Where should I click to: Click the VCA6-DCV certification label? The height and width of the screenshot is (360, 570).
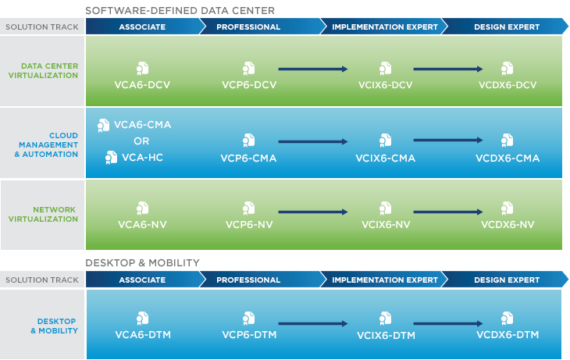142,84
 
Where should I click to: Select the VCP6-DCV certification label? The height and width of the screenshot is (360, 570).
249,84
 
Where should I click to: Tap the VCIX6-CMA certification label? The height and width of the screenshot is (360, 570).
385,159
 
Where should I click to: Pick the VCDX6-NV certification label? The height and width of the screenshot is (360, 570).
508,224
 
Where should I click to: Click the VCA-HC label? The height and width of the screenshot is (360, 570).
142,158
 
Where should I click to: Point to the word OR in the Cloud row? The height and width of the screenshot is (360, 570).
141,141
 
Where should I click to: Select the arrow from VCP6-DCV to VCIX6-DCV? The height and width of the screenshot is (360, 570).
313,69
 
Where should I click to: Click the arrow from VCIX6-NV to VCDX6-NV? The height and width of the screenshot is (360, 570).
448,212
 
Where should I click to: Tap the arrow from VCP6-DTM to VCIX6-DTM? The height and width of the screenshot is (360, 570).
313,323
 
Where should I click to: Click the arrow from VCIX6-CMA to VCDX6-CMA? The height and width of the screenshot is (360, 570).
448,140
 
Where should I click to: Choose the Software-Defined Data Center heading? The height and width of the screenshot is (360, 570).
180,11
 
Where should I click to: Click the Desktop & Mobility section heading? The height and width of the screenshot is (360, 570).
142,262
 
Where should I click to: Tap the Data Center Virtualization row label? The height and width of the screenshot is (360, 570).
43,70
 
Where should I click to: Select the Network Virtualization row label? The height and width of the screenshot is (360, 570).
43,214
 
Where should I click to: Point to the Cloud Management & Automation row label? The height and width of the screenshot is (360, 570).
46,144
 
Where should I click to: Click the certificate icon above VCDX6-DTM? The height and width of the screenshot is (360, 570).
507,318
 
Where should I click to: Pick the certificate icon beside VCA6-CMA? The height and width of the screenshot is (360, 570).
103,126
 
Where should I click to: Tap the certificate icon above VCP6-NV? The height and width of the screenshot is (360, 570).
248,209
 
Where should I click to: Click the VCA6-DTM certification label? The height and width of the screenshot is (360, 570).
143,334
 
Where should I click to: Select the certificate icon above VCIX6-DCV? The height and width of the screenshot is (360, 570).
385,69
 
